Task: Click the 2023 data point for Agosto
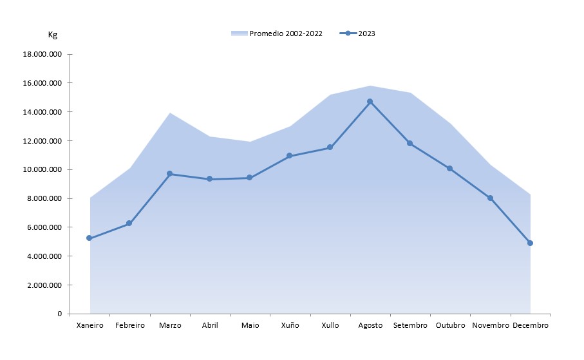click(370, 101)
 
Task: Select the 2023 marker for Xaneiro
click(89, 238)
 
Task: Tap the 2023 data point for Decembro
click(530, 243)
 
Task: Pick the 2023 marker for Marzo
click(169, 174)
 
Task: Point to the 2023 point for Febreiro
click(129, 223)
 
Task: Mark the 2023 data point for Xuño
click(290, 156)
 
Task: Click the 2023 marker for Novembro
click(490, 198)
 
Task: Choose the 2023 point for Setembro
click(410, 143)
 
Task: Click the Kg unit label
click(53, 35)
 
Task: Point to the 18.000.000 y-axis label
click(42, 55)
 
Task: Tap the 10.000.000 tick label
click(42, 170)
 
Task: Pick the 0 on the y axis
click(59, 314)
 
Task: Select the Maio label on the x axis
click(250, 325)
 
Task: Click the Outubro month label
click(450, 325)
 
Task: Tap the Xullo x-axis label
click(330, 325)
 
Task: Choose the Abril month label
click(210, 325)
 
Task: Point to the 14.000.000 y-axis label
click(42, 112)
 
